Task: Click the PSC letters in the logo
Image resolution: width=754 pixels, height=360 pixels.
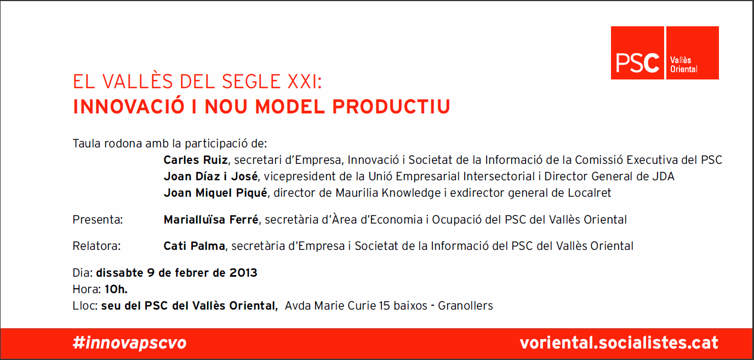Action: click(637, 63)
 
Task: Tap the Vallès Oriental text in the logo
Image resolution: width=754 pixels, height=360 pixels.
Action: click(684, 65)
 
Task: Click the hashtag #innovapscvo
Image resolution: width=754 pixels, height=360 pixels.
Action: click(129, 343)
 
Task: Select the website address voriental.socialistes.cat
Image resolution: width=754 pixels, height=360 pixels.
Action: click(619, 342)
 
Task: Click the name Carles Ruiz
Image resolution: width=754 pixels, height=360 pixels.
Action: click(196, 160)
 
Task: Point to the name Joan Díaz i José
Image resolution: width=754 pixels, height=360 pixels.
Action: click(211, 176)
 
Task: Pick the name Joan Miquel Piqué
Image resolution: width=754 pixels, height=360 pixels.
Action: click(215, 193)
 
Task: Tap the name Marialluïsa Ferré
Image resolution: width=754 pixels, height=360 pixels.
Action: click(211, 219)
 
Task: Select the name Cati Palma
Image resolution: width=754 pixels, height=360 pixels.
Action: click(194, 246)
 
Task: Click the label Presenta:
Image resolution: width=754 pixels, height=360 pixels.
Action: click(98, 220)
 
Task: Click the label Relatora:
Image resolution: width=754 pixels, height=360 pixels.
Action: click(96, 246)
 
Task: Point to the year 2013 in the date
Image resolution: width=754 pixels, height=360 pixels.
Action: click(243, 272)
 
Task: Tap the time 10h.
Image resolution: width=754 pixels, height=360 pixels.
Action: click(116, 289)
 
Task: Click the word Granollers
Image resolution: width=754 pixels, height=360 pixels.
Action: click(465, 306)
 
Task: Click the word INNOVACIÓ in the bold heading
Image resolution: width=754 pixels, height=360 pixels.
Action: click(129, 106)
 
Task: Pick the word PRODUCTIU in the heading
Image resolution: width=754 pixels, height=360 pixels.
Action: click(391, 107)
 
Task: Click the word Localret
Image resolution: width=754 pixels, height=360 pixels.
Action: click(590, 193)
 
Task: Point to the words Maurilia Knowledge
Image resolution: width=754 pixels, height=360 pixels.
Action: click(388, 193)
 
